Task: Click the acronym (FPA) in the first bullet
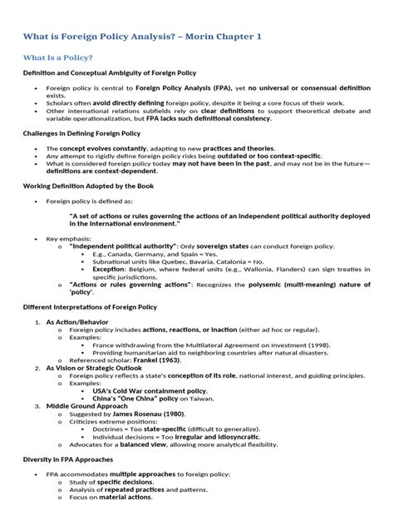(225, 87)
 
